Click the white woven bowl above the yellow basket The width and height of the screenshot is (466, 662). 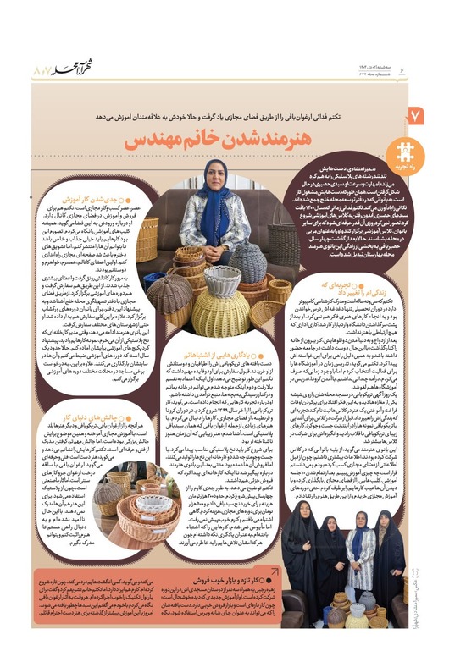coord(223,279)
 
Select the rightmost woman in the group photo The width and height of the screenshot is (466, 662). coord(398,559)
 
